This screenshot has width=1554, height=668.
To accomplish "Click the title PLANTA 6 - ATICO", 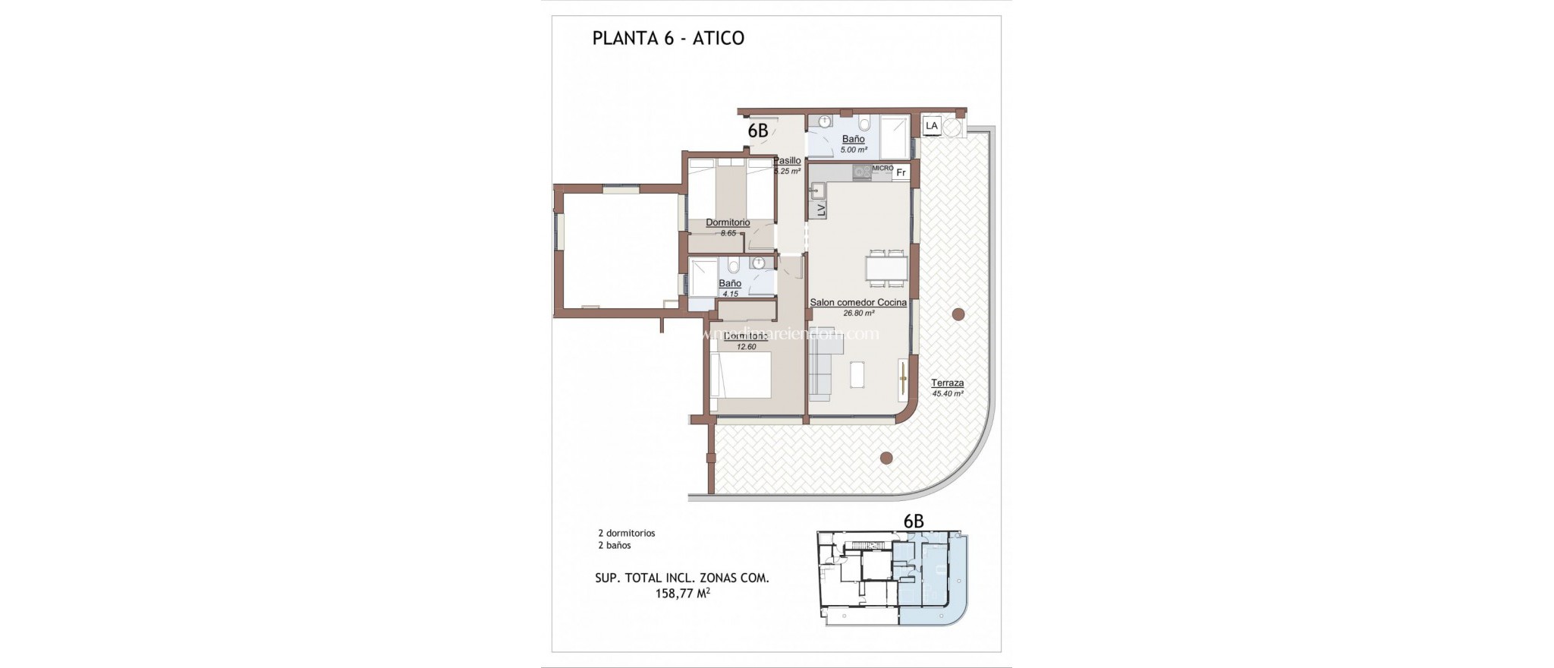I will click(x=668, y=38).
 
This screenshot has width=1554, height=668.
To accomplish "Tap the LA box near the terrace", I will click(x=931, y=125).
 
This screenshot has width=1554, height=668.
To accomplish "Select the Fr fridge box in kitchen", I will click(x=901, y=172).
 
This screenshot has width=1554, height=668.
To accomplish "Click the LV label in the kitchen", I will click(x=820, y=210).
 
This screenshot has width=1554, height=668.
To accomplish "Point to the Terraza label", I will click(x=947, y=383).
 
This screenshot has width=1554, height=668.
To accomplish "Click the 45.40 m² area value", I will click(x=947, y=394).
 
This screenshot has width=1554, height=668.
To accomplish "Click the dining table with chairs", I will click(x=886, y=268).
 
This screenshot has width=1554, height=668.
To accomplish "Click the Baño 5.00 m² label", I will click(x=853, y=143).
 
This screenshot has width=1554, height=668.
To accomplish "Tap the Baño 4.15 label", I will click(x=730, y=288).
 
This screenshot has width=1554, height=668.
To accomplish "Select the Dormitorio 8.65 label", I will click(x=728, y=227).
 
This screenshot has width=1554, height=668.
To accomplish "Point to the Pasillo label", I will click(x=787, y=161).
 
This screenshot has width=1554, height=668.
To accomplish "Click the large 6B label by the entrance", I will click(x=758, y=131).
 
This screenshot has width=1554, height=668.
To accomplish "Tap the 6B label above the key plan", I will click(x=914, y=521).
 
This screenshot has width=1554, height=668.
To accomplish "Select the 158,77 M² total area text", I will click(x=682, y=594).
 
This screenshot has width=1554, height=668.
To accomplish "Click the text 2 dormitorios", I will click(x=626, y=533).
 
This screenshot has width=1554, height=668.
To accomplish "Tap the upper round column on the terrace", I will click(x=958, y=314).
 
